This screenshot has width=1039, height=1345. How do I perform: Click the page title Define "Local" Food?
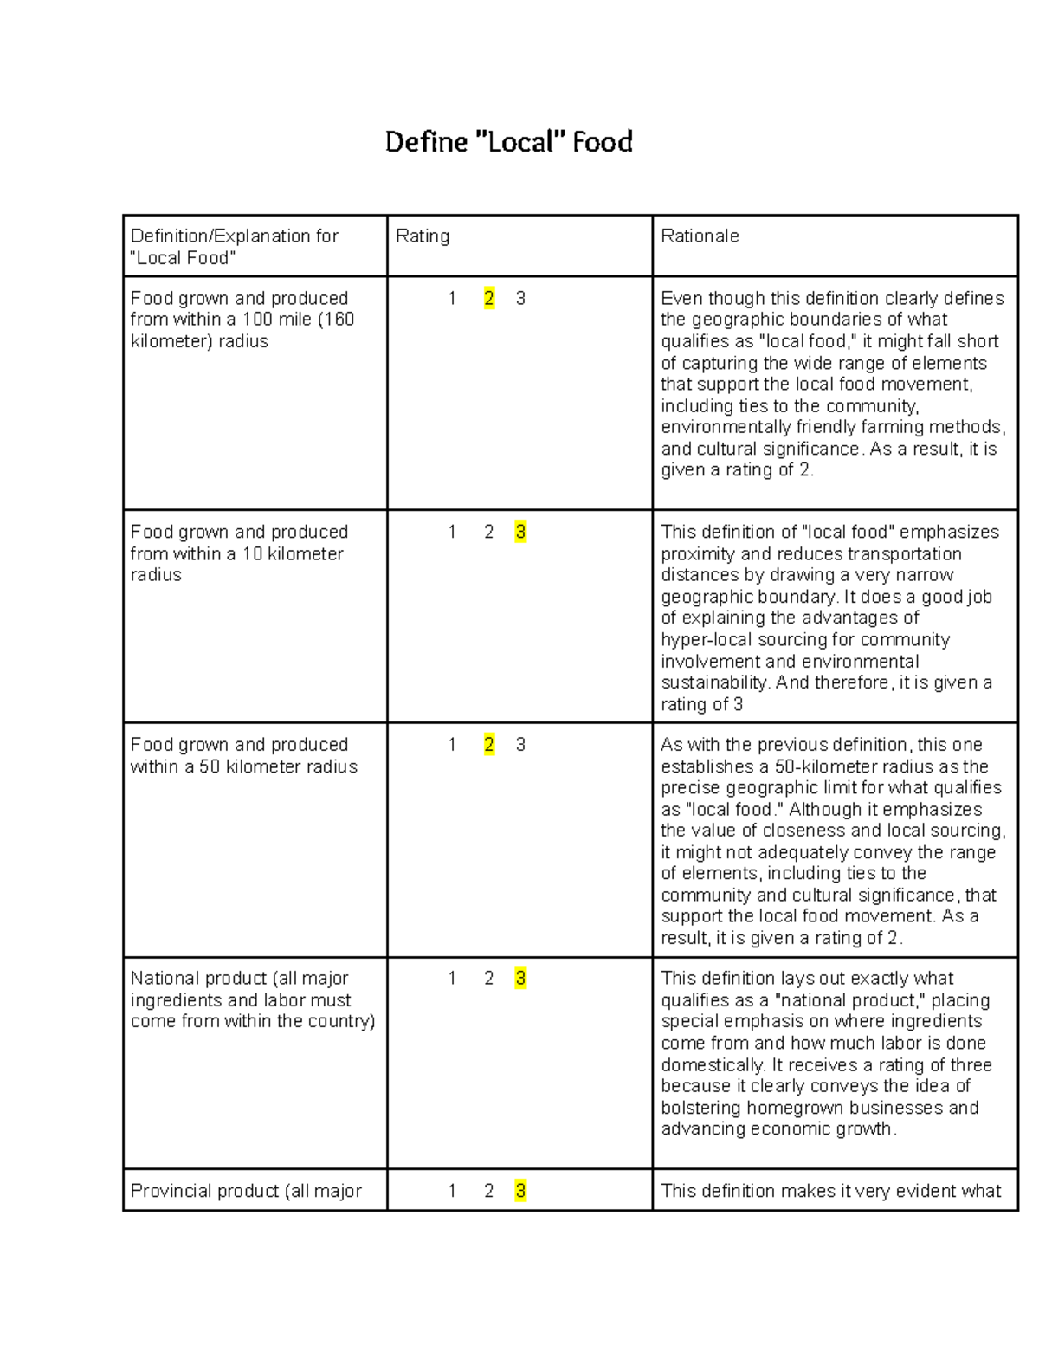pyautogui.click(x=508, y=141)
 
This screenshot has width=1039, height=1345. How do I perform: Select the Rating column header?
pyautogui.click(x=422, y=236)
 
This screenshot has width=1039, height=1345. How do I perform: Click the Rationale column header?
pyautogui.click(x=700, y=236)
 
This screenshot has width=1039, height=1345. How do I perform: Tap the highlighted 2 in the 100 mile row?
pyautogui.click(x=489, y=299)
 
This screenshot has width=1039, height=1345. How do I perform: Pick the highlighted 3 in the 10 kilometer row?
pyautogui.click(x=520, y=532)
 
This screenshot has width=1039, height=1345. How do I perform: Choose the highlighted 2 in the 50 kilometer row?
pyautogui.click(x=489, y=745)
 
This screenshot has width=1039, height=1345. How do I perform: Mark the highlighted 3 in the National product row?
pyautogui.click(x=520, y=979)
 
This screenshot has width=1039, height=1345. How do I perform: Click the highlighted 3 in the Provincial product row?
pyautogui.click(x=520, y=1191)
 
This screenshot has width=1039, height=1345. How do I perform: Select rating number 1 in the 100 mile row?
pyautogui.click(x=452, y=299)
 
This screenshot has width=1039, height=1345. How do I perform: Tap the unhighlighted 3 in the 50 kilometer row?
pyautogui.click(x=520, y=745)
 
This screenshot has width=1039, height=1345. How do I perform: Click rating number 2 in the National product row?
pyautogui.click(x=489, y=979)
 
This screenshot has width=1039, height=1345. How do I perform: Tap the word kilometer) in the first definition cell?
pyautogui.click(x=171, y=341)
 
